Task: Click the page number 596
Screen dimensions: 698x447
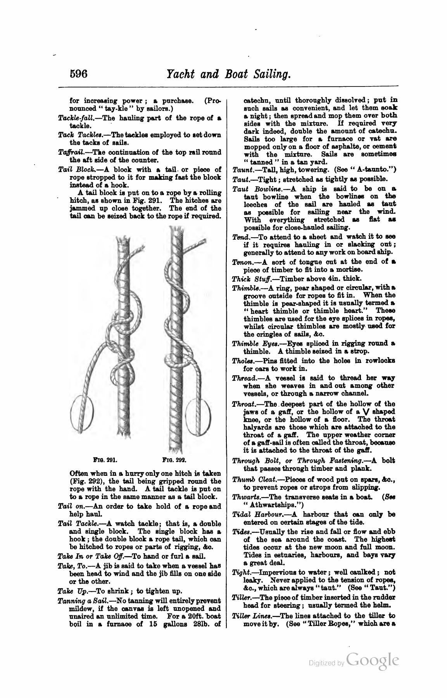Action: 79,73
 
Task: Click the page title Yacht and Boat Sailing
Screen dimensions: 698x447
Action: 228,74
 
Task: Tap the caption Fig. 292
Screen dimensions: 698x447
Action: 174,461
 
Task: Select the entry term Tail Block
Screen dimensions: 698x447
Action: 74,169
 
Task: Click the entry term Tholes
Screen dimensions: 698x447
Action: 240,361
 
